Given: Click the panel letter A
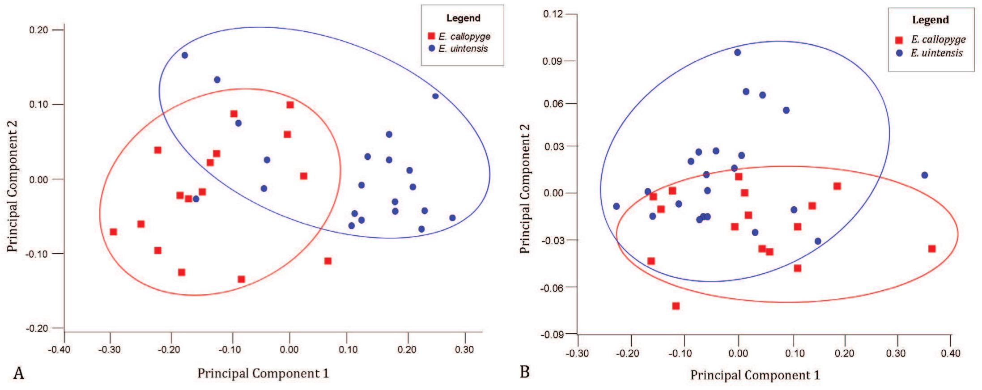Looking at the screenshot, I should [x=18, y=373].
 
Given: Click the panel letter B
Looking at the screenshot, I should [x=525, y=372].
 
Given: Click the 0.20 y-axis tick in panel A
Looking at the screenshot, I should [x=38, y=30].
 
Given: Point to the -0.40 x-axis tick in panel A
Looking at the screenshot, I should [x=59, y=349].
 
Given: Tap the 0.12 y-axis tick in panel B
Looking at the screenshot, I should [x=553, y=14].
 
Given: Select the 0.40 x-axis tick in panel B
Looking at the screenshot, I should [x=950, y=353].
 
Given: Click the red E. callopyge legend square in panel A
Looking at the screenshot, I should [x=431, y=36].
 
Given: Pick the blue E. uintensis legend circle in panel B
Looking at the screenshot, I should [x=899, y=53].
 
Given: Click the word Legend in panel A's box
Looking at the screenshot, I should [x=463, y=18].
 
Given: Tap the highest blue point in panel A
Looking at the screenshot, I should [x=184, y=55].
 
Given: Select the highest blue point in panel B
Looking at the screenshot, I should [x=737, y=52].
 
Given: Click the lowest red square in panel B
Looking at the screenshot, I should [x=676, y=306].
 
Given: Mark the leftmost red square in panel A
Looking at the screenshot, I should [x=113, y=232].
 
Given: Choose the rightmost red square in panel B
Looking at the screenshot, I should [x=931, y=249].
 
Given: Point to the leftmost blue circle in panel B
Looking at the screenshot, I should [x=616, y=206].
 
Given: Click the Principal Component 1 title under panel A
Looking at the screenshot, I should [x=263, y=373].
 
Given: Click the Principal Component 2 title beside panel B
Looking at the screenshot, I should [x=525, y=189].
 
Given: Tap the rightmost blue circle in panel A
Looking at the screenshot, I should [x=452, y=218].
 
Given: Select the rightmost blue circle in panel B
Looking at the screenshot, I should [x=924, y=175].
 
